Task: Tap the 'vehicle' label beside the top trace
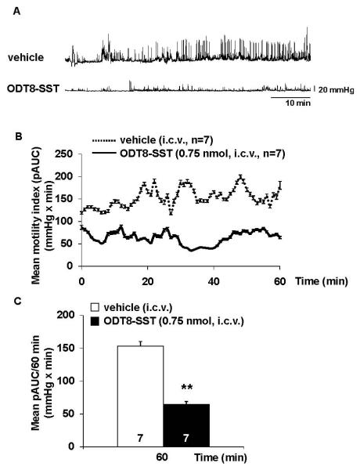click(x=27, y=56)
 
